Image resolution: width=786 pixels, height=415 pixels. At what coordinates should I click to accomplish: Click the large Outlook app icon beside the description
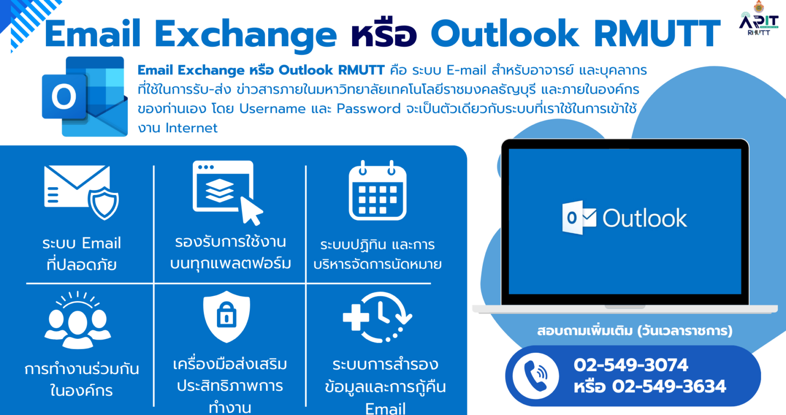(85, 97)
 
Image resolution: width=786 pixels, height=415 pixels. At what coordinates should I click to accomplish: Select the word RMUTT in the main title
(657, 34)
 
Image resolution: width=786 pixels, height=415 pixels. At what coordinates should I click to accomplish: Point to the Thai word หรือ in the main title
(384, 33)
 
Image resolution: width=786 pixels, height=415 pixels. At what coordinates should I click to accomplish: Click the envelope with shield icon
(81, 193)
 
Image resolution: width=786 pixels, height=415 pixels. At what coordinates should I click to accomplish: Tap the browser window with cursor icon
(228, 193)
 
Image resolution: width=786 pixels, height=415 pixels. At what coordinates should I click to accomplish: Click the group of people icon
(78, 320)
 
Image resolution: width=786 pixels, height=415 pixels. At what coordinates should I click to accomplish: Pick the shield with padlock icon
(227, 317)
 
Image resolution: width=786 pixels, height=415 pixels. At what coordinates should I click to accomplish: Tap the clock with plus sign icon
(378, 317)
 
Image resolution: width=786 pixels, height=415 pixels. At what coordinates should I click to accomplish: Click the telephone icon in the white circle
(535, 376)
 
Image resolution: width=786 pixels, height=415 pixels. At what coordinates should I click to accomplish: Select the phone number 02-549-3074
(631, 365)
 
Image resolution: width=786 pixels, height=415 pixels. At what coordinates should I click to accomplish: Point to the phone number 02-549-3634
(669, 386)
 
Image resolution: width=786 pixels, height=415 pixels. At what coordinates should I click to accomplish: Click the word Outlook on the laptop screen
(645, 219)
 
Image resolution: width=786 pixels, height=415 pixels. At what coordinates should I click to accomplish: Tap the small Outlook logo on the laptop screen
(579, 218)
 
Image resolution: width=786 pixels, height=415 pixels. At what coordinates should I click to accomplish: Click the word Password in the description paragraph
(368, 109)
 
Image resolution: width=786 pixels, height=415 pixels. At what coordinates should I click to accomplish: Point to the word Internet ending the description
(191, 128)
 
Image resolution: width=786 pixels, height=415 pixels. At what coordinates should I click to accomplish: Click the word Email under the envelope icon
(101, 243)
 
